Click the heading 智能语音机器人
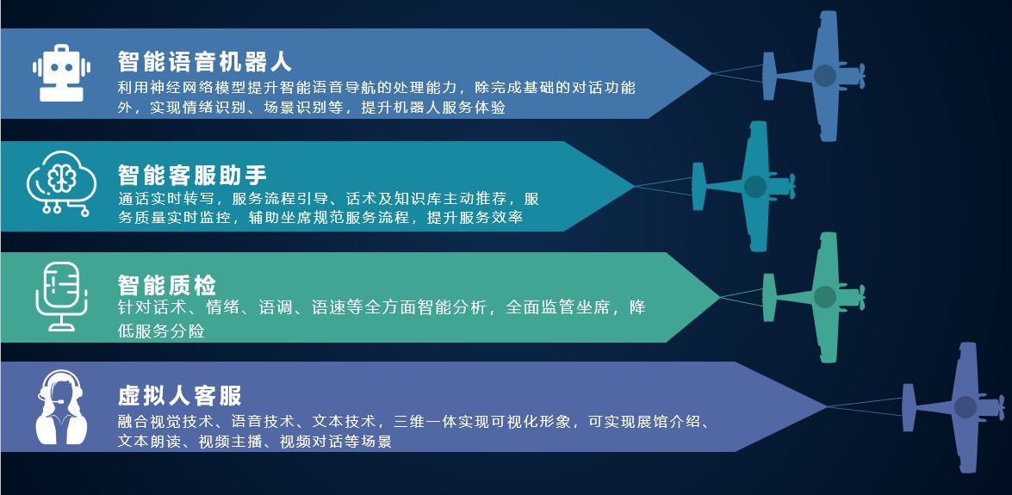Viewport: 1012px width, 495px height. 205,62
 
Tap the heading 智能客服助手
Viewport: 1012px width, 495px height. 192,174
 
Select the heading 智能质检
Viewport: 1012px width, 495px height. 167,285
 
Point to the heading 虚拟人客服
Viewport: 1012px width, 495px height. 179,396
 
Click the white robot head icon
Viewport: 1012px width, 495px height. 61,73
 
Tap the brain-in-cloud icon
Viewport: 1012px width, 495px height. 61,183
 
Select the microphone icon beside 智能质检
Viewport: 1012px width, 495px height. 61,296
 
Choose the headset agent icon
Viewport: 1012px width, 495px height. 61,407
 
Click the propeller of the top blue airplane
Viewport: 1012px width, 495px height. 861,76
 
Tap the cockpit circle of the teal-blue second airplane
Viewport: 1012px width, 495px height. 755,187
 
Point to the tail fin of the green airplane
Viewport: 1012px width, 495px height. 769,297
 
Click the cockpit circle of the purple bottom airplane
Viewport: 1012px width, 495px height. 965,407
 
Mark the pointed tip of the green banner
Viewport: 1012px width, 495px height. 720,297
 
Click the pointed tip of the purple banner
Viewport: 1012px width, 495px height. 827,406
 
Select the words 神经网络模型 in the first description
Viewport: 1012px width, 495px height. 182,87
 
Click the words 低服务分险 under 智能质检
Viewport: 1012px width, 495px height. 161,331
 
